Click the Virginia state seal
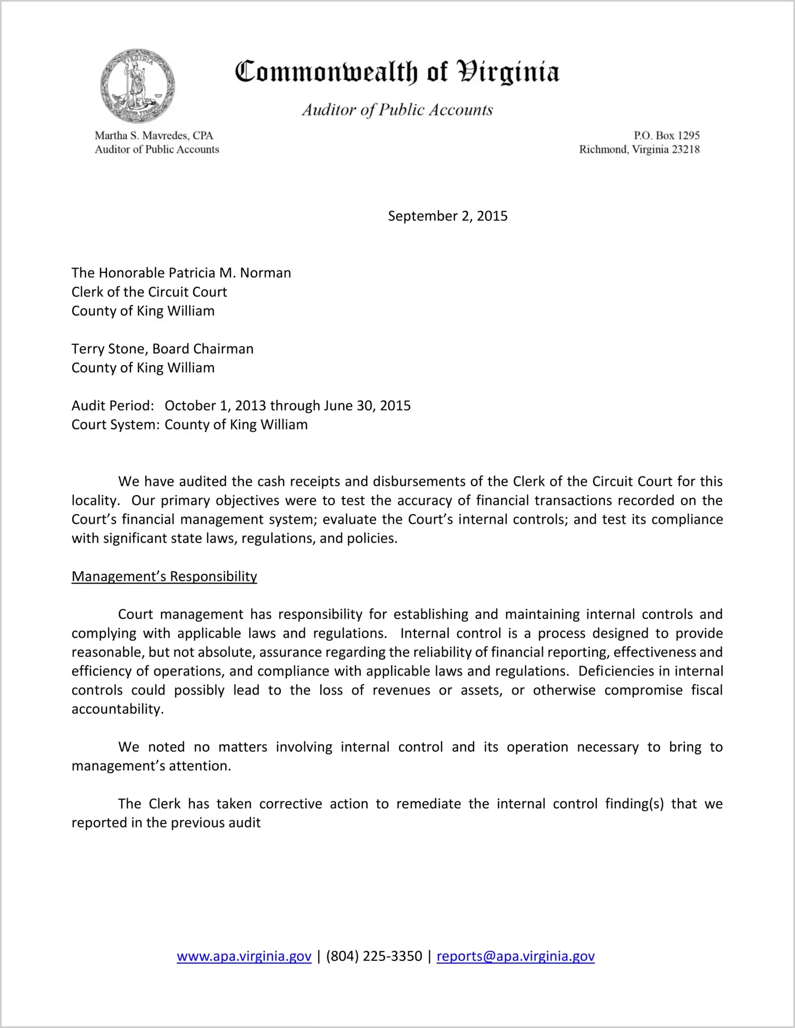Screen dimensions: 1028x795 (137, 86)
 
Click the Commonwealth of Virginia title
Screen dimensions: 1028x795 (397, 72)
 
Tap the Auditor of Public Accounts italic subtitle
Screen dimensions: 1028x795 (397, 110)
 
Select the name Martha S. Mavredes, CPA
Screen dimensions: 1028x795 (154, 136)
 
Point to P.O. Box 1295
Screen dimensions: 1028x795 (666, 136)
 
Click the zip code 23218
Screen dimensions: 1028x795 (685, 150)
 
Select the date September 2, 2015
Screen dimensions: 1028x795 (448, 216)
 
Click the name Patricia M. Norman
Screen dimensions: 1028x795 (230, 273)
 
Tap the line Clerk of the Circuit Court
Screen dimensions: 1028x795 (149, 292)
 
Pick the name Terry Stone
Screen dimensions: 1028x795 (109, 349)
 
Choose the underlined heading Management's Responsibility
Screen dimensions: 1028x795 (164, 577)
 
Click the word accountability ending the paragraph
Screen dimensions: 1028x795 (117, 710)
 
